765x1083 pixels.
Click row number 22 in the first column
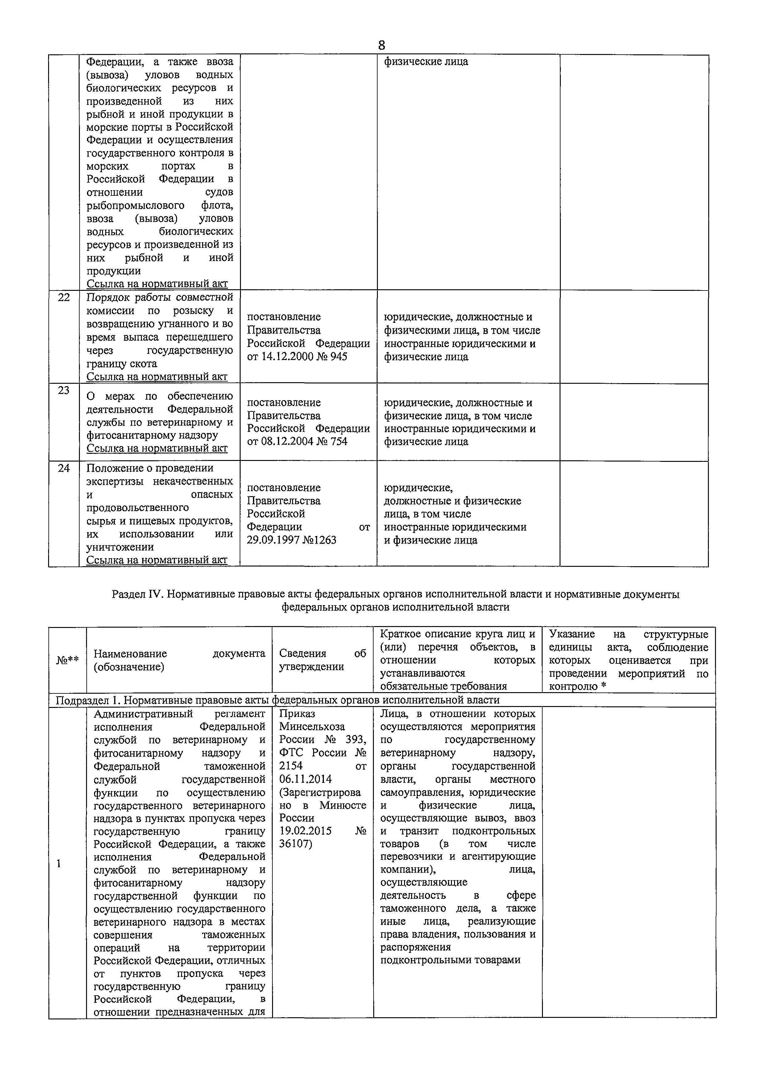point(64,298)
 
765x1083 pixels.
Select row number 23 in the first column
point(64,391)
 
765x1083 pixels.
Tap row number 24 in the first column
point(64,468)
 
